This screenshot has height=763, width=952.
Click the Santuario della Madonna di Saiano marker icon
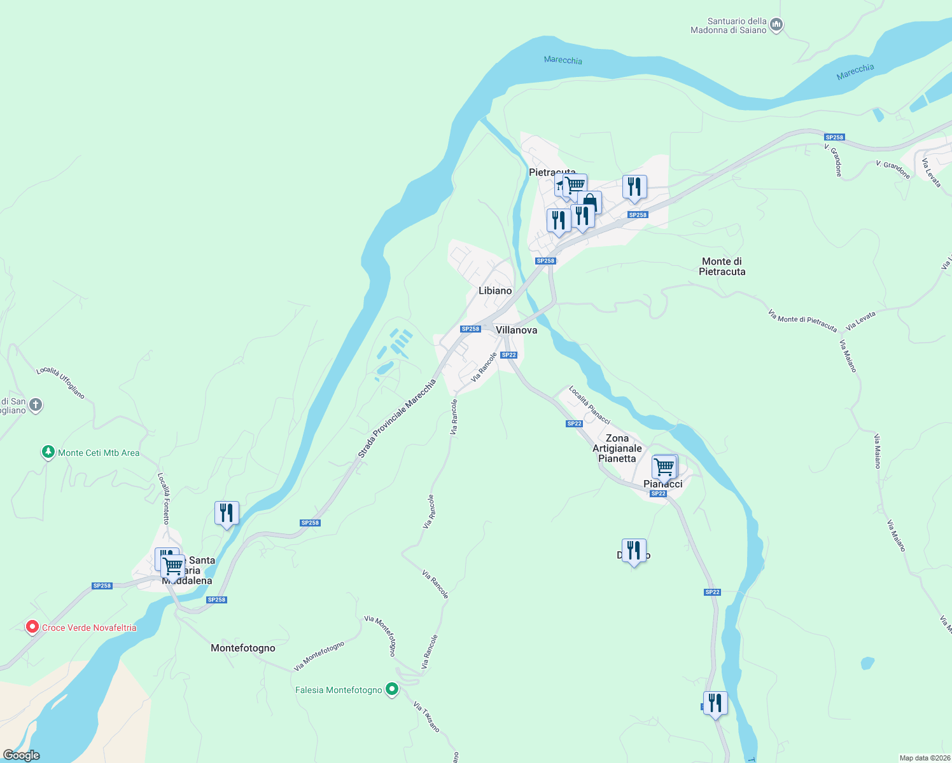[x=776, y=25]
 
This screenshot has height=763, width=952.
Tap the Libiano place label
[x=495, y=291]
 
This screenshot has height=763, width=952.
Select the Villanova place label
[x=516, y=330]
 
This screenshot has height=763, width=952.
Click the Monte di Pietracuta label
[x=722, y=266]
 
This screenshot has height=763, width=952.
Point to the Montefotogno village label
[x=243, y=648]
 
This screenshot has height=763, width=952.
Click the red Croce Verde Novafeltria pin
[x=32, y=627]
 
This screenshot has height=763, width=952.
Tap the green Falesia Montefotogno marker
[x=392, y=689]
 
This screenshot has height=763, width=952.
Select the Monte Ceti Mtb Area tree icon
[x=48, y=452]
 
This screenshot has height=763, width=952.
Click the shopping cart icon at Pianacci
[x=664, y=467]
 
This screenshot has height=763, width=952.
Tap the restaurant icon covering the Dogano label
[x=634, y=551]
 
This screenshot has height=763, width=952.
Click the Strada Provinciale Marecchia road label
[x=397, y=418]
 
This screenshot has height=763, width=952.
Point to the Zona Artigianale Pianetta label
[x=617, y=448]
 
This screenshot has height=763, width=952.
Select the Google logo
[x=21, y=755]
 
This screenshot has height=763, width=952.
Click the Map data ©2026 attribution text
[x=924, y=758]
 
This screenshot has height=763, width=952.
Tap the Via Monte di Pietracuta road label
[x=802, y=320]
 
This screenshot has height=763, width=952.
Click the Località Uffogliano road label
[x=60, y=382]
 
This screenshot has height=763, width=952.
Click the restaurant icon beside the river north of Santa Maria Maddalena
[x=227, y=512]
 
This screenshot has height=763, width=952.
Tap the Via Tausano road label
[x=426, y=717]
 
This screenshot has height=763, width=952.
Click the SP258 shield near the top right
[x=834, y=137]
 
